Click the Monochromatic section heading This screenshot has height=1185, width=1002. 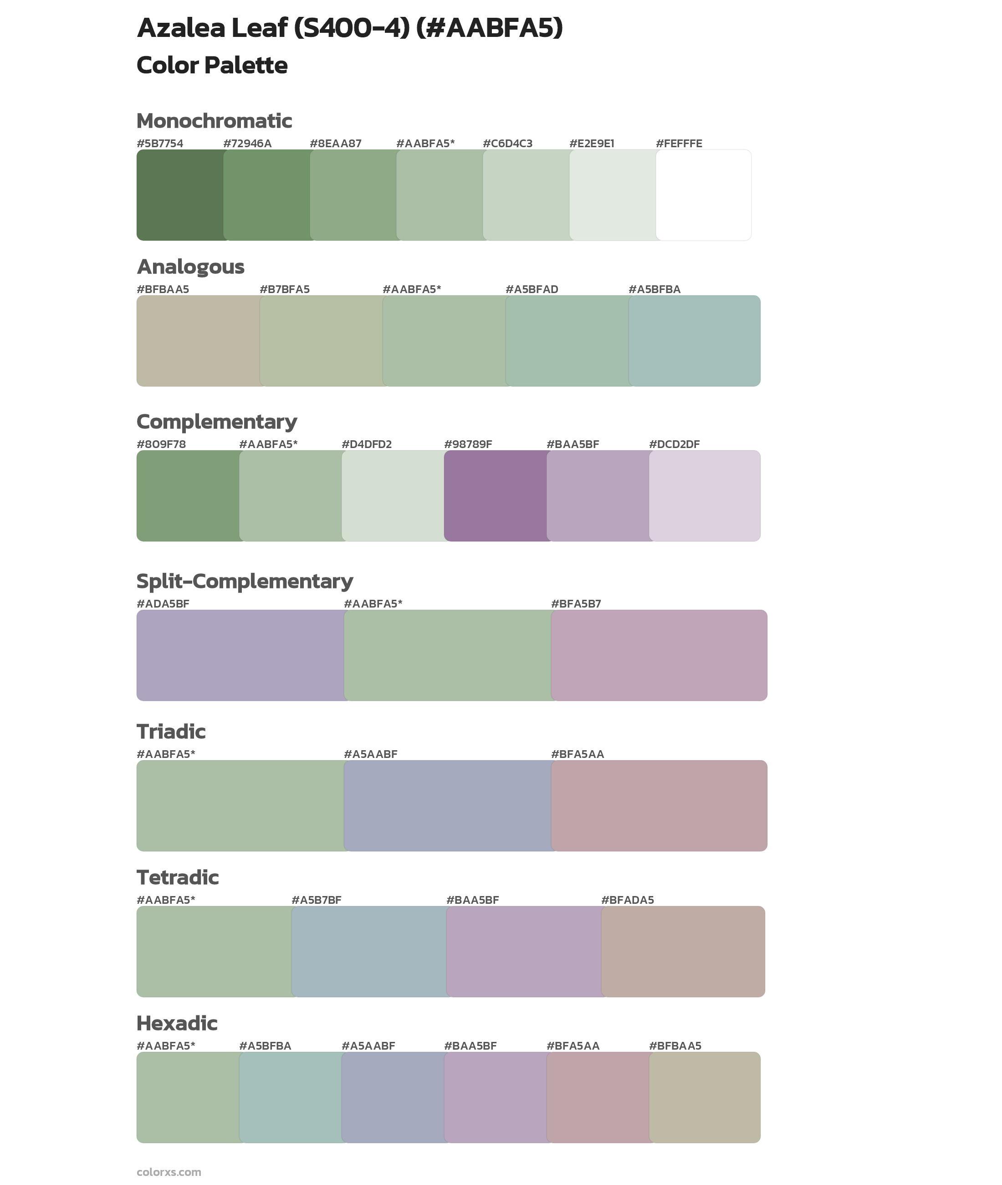(x=214, y=121)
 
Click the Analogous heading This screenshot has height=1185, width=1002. (x=190, y=267)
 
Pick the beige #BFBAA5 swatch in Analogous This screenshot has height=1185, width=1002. (x=198, y=341)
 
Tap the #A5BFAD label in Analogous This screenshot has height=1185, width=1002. (x=532, y=289)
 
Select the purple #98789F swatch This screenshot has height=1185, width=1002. (x=495, y=495)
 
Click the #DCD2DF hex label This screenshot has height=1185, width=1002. (x=674, y=444)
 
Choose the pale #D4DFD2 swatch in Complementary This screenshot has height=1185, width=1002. (x=393, y=495)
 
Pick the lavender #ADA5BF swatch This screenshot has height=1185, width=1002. (x=240, y=655)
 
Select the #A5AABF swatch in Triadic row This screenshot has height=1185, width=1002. (x=447, y=805)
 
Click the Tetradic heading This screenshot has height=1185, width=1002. (x=177, y=877)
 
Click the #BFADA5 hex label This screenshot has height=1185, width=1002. (x=627, y=900)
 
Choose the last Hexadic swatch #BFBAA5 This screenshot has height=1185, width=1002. (x=704, y=1097)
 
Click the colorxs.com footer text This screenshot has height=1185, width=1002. (x=169, y=1171)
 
